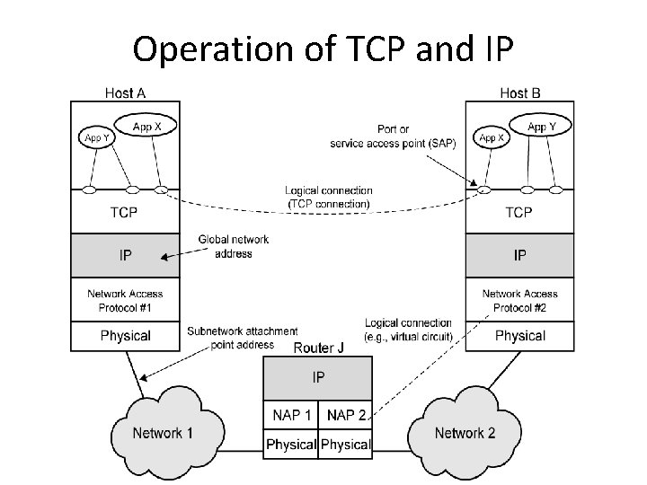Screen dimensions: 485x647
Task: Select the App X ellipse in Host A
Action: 146,127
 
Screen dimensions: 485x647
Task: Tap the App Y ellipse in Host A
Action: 97,138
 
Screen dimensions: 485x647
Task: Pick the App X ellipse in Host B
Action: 492,138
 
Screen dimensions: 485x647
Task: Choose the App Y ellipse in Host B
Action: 542,127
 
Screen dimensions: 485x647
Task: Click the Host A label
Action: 126,92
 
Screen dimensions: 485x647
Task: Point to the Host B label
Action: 520,92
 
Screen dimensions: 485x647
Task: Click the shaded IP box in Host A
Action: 125,256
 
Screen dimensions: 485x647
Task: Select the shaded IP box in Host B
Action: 519,256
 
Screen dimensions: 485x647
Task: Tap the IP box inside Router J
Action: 317,378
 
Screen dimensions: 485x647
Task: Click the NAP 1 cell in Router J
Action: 290,415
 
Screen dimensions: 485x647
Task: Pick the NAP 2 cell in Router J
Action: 345,415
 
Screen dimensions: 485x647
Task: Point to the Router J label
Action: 319,348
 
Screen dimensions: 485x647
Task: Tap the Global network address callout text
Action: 233,247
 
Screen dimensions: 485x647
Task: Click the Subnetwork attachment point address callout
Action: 242,338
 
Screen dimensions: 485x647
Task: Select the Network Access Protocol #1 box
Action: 125,300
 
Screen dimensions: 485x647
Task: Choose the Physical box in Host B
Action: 519,336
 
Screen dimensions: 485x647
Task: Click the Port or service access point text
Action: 394,137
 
